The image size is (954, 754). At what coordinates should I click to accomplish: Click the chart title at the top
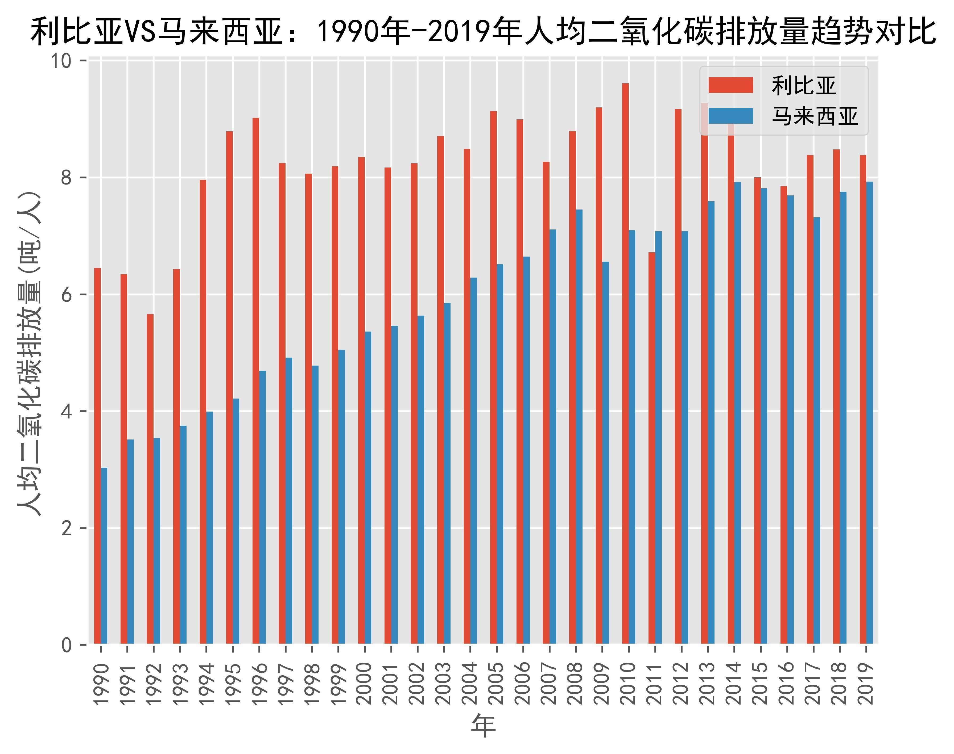click(x=483, y=32)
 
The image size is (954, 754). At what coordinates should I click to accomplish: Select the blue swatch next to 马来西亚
click(x=730, y=116)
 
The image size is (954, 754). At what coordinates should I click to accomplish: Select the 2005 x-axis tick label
click(x=497, y=683)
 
